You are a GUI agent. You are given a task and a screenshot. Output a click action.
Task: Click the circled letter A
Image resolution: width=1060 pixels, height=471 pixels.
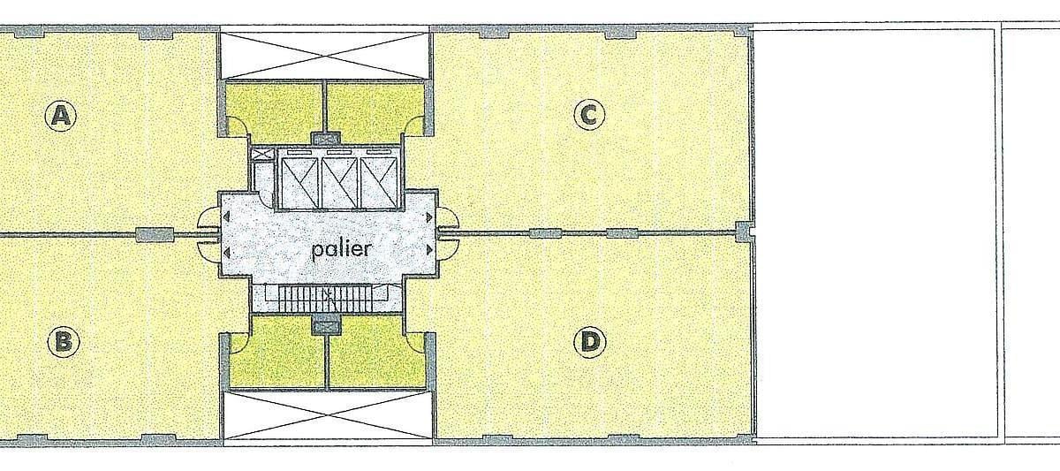(61, 115)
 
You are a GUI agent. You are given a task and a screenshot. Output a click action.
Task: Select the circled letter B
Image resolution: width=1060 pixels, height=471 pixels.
(64, 341)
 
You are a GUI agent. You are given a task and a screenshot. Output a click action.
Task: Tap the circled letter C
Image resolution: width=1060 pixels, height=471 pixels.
(589, 114)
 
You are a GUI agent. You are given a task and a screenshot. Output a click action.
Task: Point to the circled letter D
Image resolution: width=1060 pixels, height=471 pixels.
(590, 341)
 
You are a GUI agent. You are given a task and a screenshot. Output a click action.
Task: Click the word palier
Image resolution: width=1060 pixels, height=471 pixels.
(342, 249)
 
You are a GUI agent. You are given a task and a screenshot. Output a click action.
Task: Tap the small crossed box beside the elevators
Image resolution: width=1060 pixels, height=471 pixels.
(261, 154)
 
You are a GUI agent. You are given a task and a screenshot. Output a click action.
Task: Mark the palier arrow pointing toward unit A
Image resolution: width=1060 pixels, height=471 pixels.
(227, 217)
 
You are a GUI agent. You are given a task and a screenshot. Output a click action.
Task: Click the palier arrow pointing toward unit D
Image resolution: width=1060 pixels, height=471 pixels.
(429, 249)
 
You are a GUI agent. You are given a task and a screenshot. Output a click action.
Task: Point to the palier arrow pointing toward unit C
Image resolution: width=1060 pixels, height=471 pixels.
(429, 217)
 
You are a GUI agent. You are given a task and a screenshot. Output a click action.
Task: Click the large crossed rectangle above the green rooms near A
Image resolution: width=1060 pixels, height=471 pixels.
(324, 54)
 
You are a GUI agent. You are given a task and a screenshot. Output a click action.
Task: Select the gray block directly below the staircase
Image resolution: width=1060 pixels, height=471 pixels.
(327, 326)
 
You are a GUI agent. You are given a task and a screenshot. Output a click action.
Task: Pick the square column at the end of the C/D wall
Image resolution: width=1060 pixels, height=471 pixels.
(744, 232)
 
